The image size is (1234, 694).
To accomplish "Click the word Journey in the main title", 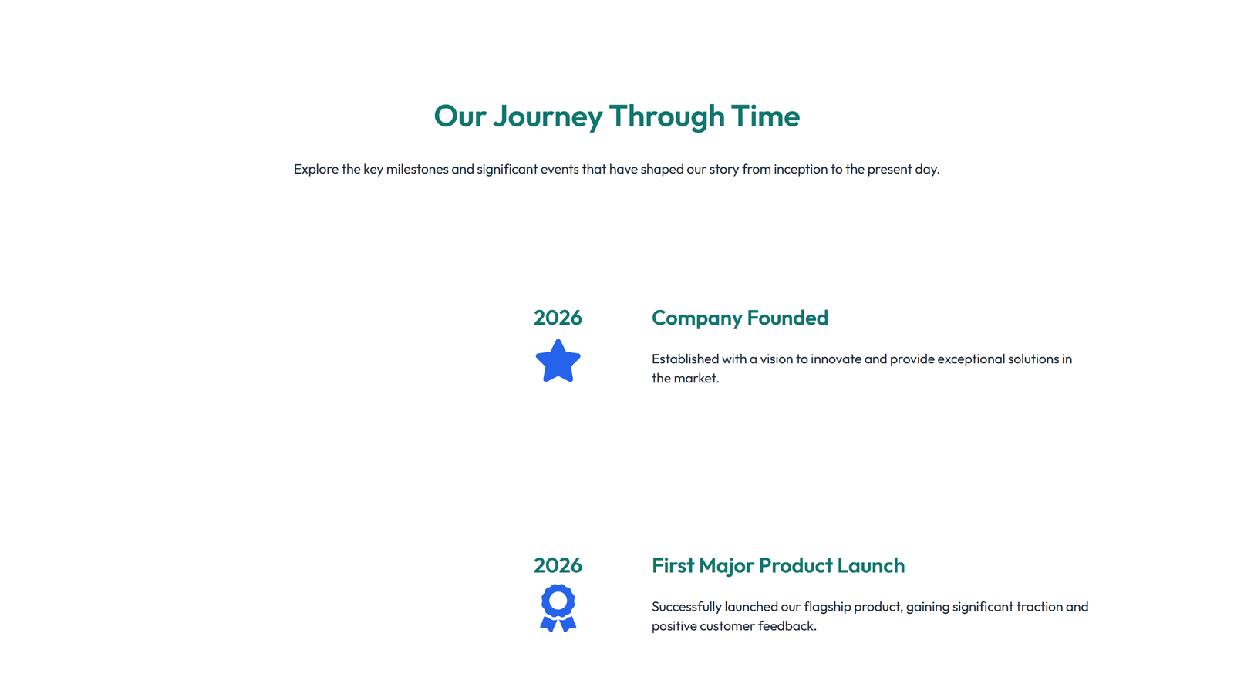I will point(548,116).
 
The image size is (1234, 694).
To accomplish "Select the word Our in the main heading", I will point(460,116).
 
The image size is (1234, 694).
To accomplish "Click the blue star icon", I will point(558,362).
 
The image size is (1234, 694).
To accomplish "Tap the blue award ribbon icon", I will point(558,608).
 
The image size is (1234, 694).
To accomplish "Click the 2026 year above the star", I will point(558,318).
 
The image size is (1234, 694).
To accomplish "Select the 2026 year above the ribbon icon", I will point(558,565).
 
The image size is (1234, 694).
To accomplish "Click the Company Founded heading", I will point(740,318).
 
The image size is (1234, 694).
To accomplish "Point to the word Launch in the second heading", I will point(871,565).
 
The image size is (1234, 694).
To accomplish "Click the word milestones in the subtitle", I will point(417,169).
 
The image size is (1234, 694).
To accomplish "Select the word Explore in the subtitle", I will point(316,169).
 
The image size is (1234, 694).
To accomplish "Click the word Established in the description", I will point(685,359).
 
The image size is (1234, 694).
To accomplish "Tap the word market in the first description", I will point(695,378).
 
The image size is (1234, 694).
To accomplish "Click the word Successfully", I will point(686,607).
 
